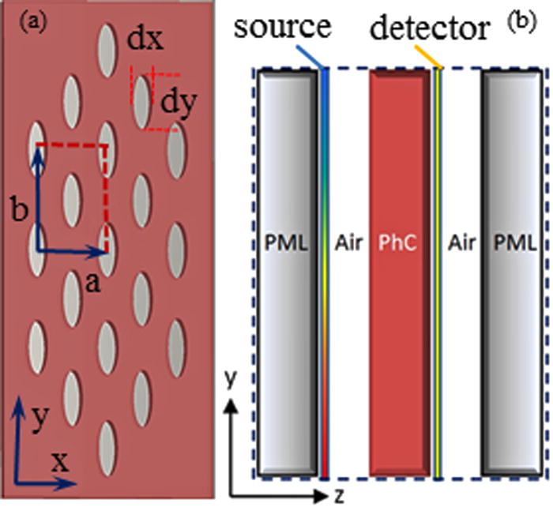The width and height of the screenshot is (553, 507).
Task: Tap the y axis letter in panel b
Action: pos(230,381)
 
